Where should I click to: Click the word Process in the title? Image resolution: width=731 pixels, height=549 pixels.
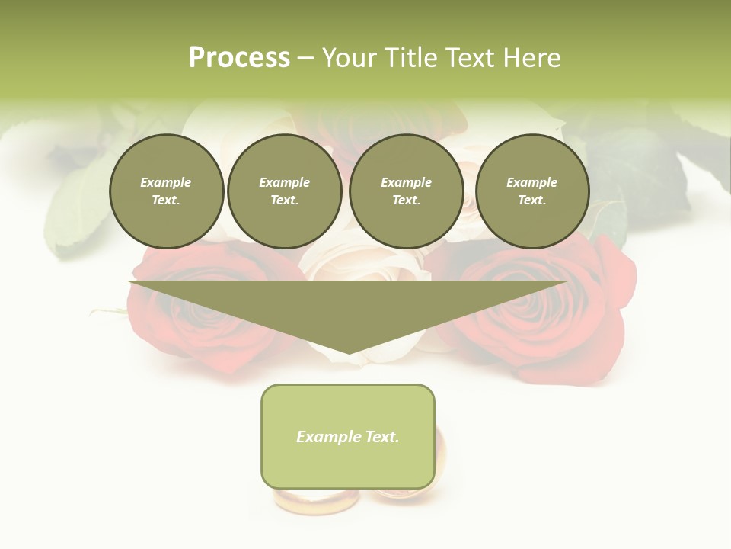[x=239, y=58]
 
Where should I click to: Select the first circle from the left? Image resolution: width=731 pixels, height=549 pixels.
[x=167, y=191]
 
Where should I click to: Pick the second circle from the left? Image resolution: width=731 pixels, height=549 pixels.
[x=285, y=191]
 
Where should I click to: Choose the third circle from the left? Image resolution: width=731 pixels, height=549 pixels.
[x=407, y=191]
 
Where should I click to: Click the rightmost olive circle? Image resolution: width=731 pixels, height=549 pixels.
[x=532, y=191]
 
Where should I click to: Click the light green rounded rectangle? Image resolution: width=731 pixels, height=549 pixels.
[x=348, y=465]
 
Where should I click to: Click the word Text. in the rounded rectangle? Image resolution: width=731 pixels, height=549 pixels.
[x=382, y=437]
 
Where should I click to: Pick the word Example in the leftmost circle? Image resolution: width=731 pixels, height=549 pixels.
[x=166, y=182]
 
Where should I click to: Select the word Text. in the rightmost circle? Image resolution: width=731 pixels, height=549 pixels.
[x=532, y=200]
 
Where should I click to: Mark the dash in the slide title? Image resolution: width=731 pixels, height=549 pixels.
[x=306, y=58]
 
